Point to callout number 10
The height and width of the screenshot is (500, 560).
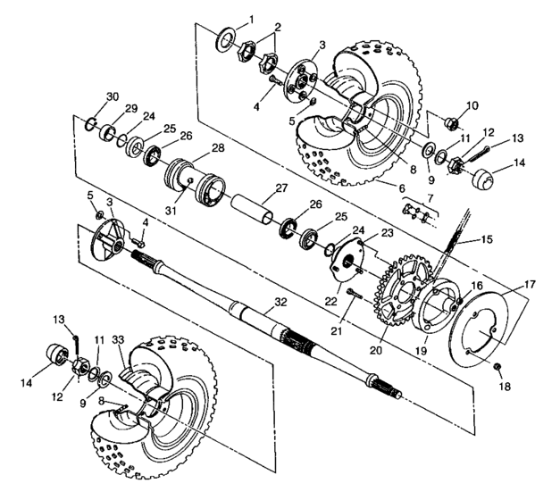(x=472, y=105)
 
